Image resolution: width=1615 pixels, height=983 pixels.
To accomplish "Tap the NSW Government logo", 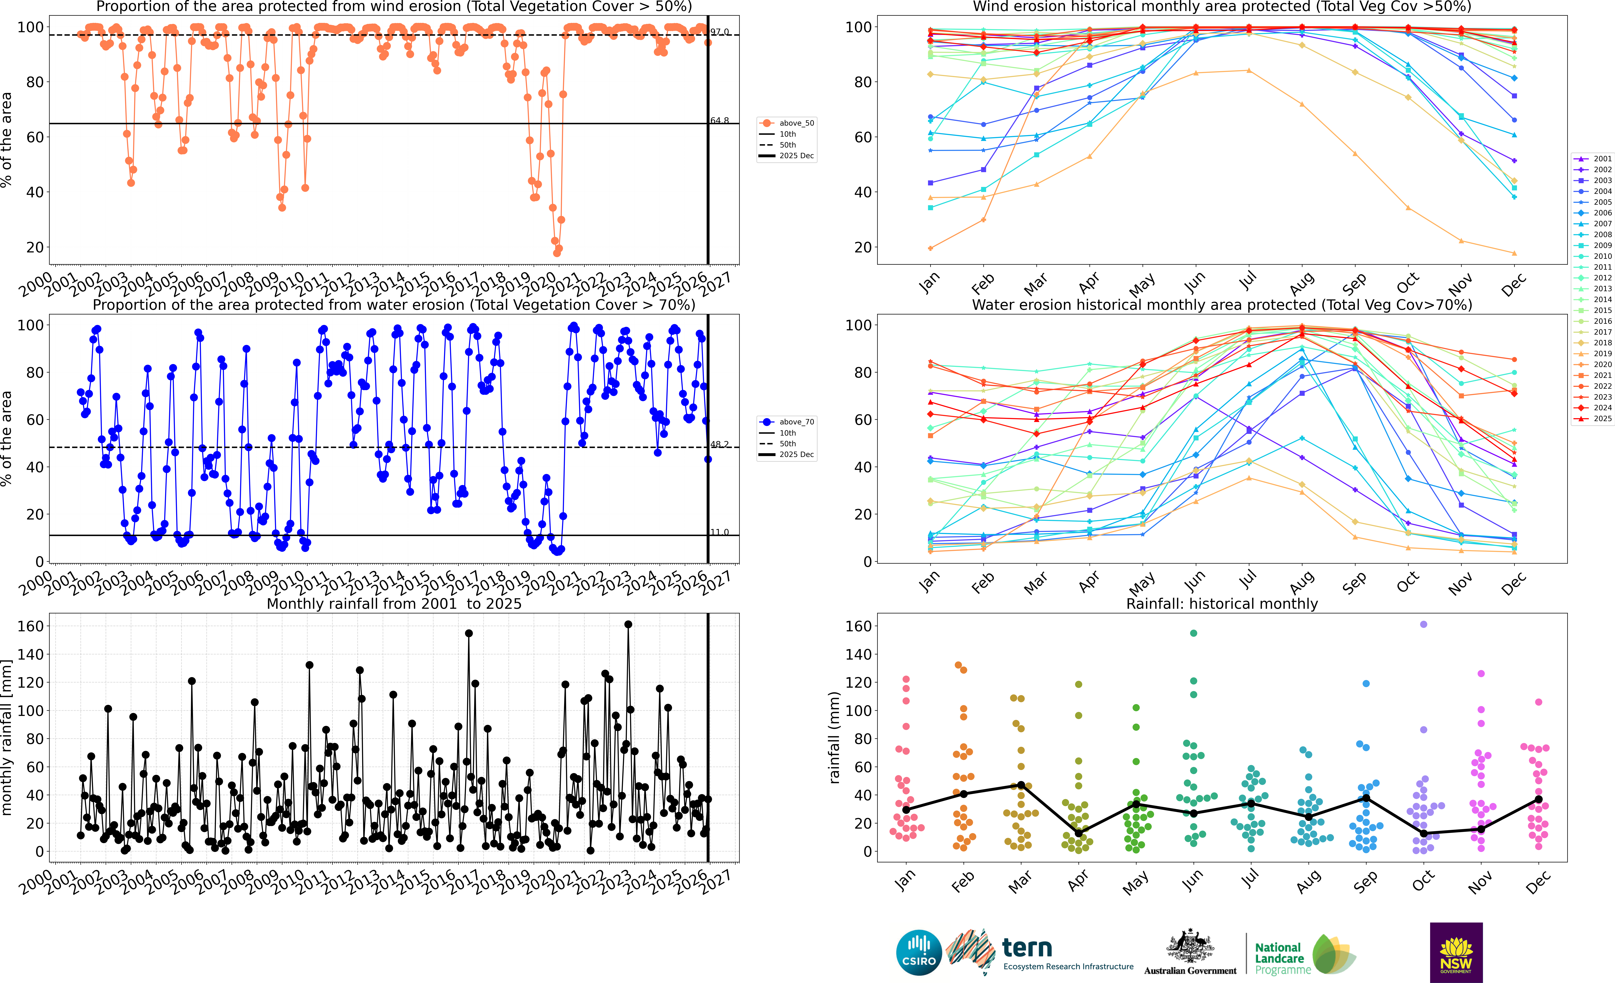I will pos(1456,952).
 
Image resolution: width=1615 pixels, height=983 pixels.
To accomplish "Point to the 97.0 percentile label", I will pos(719,32).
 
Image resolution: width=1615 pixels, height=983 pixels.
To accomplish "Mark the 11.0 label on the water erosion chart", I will pos(719,532).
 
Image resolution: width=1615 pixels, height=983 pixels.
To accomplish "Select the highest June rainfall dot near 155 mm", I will pos(1194,633).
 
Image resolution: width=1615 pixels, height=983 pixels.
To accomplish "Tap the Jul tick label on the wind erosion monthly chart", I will pos(1248,282).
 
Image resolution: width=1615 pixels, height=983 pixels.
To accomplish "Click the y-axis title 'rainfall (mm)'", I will pos(834,737).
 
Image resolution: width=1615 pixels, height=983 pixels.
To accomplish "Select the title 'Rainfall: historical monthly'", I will pos(1222,604).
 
